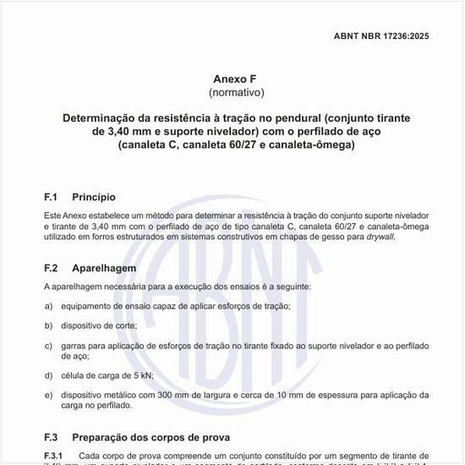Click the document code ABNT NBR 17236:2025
click(x=382, y=37)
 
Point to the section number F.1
click(x=51, y=197)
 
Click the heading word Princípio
click(x=100, y=197)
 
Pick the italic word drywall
click(x=379, y=238)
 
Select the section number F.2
click(x=51, y=268)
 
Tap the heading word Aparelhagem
click(x=104, y=268)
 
